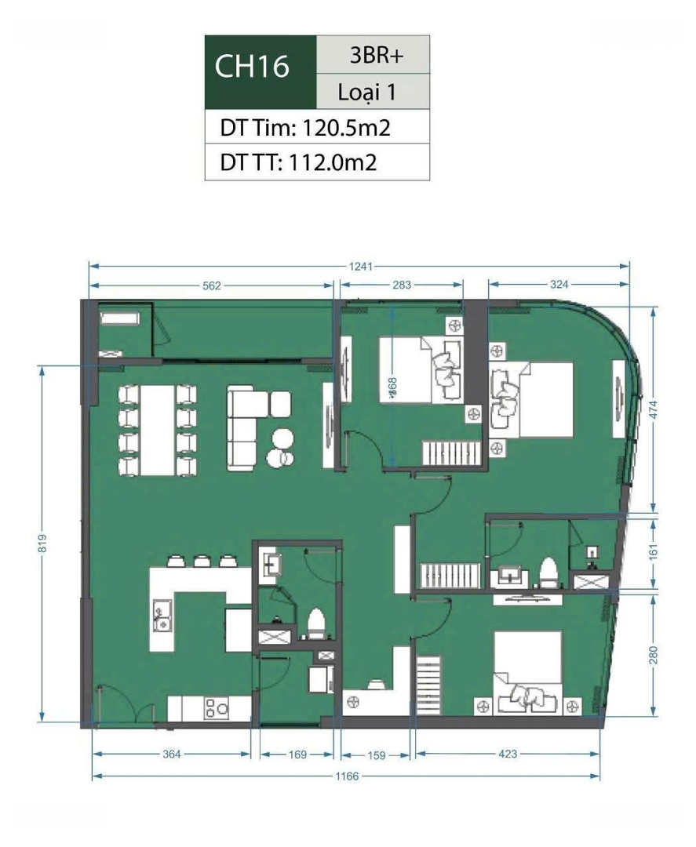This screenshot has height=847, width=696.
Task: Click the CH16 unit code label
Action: pos(252,67)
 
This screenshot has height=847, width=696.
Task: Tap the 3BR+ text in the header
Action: pos(377,55)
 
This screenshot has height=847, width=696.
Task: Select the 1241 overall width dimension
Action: pos(360,267)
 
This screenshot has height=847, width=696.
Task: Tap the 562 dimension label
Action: pos(212,285)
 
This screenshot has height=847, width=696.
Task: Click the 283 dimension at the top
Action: pos(402,285)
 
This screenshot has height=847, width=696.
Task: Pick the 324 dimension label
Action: pos(559,284)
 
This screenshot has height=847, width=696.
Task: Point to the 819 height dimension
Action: pos(42,543)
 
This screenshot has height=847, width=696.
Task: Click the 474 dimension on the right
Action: pos(654,410)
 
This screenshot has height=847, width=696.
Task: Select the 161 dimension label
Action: pos(654,552)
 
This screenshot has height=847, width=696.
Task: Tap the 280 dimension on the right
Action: pos(654,655)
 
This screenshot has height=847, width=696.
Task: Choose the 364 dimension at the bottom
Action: pos(171,754)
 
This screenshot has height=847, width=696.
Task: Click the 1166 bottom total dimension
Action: pos(346,776)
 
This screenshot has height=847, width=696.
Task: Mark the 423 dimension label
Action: pos(508,754)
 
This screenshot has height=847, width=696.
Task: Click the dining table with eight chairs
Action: pos(157,431)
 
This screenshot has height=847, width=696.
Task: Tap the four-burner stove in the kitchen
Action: pos(216,708)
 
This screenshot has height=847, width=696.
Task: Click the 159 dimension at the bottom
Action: pos(376,755)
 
